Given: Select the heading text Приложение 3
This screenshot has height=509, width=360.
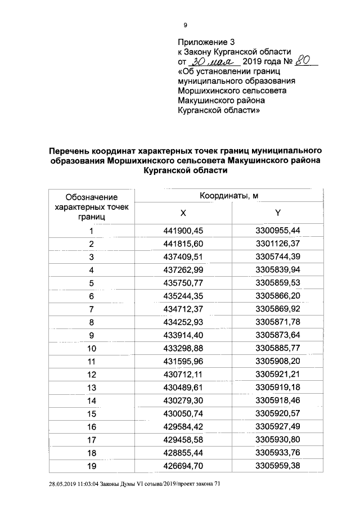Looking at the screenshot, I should pyautogui.click(x=205, y=42).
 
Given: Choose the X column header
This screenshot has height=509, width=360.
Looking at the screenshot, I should pyautogui.click(x=183, y=214).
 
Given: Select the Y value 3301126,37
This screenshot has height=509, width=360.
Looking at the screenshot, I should pyautogui.click(x=278, y=244).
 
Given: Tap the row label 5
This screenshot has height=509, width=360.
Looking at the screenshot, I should pyautogui.click(x=91, y=283).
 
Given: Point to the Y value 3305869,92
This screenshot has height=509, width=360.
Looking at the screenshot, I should pyautogui.click(x=278, y=309).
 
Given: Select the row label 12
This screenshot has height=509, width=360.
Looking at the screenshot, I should pyautogui.click(x=92, y=375).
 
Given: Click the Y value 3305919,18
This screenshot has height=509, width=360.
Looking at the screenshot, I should pyautogui.click(x=278, y=388).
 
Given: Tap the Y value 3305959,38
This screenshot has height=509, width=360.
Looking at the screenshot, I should pyautogui.click(x=278, y=465).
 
